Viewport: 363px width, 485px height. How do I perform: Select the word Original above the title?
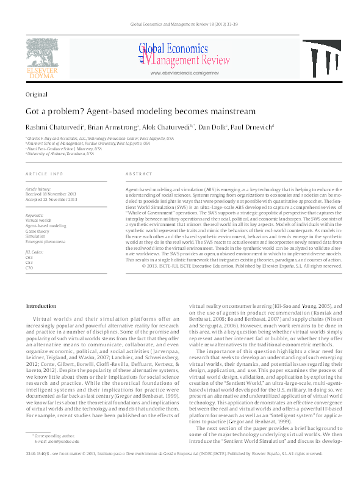pos(36,95)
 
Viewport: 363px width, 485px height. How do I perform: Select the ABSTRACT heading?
pos(138,174)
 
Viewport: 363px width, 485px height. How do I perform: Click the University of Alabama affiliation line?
pos(60,154)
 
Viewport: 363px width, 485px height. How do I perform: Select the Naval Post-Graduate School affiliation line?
pos(61,149)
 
